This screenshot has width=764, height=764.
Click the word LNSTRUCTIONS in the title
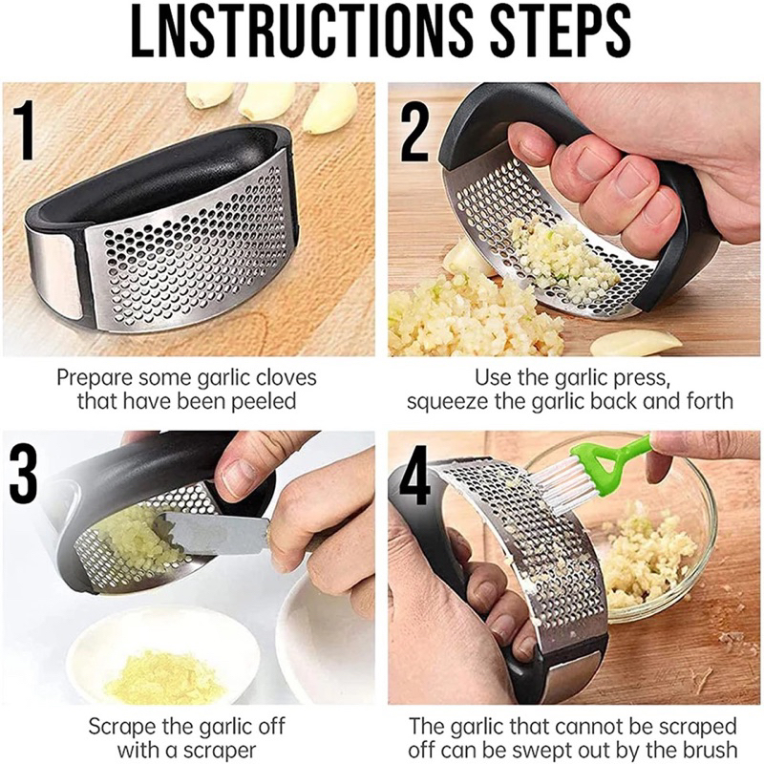291,36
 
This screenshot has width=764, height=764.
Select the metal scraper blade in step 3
215,531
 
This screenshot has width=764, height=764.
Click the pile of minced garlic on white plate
165,679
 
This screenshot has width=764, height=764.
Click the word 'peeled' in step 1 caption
260,401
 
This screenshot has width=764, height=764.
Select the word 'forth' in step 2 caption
708,401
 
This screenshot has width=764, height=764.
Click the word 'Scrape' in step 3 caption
120,726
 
